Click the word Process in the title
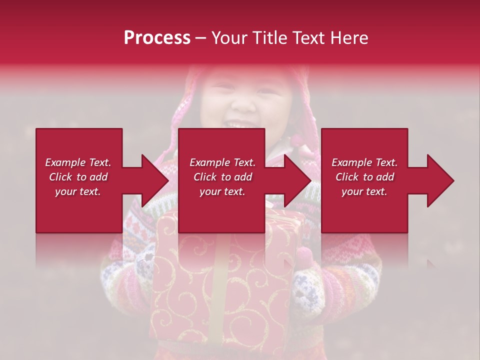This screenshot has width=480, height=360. [x=157, y=38]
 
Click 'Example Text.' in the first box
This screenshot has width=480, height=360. [x=78, y=162]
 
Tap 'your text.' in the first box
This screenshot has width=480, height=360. [x=78, y=192]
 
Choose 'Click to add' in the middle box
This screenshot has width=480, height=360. [x=222, y=177]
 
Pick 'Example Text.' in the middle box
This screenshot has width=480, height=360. [x=222, y=162]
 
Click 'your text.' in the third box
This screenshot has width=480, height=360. [x=364, y=192]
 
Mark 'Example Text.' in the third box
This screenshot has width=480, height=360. [x=364, y=162]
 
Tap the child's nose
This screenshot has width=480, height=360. [x=243, y=106]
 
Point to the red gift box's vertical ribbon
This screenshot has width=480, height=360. [x=220, y=280]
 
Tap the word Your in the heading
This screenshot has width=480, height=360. [x=229, y=38]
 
